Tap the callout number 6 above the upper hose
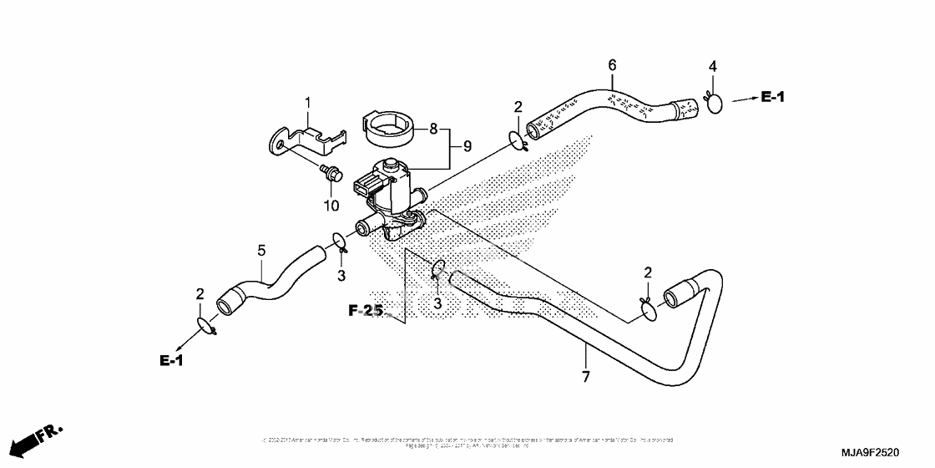[612, 65]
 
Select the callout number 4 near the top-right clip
[713, 66]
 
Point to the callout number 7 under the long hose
[585, 378]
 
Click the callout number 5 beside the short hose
[261, 250]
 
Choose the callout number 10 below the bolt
[331, 205]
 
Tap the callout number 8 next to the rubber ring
[434, 130]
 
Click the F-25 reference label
[366, 311]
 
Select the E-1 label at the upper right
[772, 98]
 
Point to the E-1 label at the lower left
[171, 360]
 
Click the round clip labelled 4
[715, 104]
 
